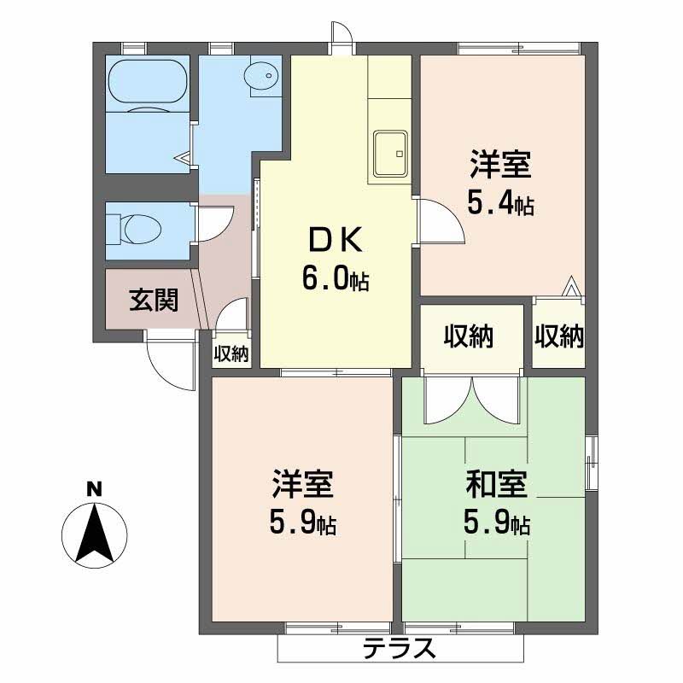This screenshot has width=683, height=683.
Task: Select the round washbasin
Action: click(261, 76)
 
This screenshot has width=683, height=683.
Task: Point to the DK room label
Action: click(335, 240)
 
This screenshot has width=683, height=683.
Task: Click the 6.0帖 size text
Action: click(336, 278)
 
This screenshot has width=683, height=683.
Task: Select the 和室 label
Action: click(497, 484)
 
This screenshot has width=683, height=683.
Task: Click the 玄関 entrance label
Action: click(154, 300)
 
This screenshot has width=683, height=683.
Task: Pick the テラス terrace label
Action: click(399, 648)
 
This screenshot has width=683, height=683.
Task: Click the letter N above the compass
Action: click(94, 489)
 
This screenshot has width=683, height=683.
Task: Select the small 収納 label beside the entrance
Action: click(231, 353)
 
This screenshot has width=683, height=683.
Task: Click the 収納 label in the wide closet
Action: click(468, 336)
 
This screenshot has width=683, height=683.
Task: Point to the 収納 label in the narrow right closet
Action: click(559, 336)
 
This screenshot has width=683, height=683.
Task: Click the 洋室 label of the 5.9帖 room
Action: click(303, 484)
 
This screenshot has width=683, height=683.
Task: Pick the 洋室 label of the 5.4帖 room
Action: click(500, 164)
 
